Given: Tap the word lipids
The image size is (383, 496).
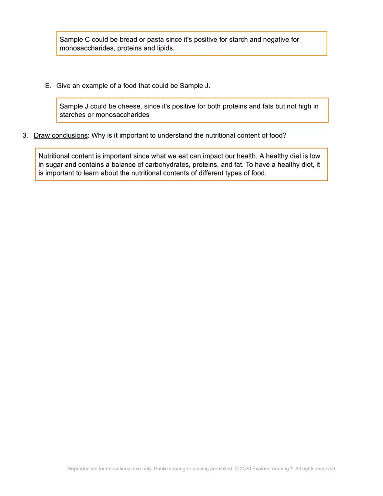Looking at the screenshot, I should (x=165, y=48).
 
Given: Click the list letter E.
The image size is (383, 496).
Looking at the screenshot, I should (x=48, y=86).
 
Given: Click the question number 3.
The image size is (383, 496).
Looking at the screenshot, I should (x=25, y=135).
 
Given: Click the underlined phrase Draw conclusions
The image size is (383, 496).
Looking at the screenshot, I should (x=60, y=135).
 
